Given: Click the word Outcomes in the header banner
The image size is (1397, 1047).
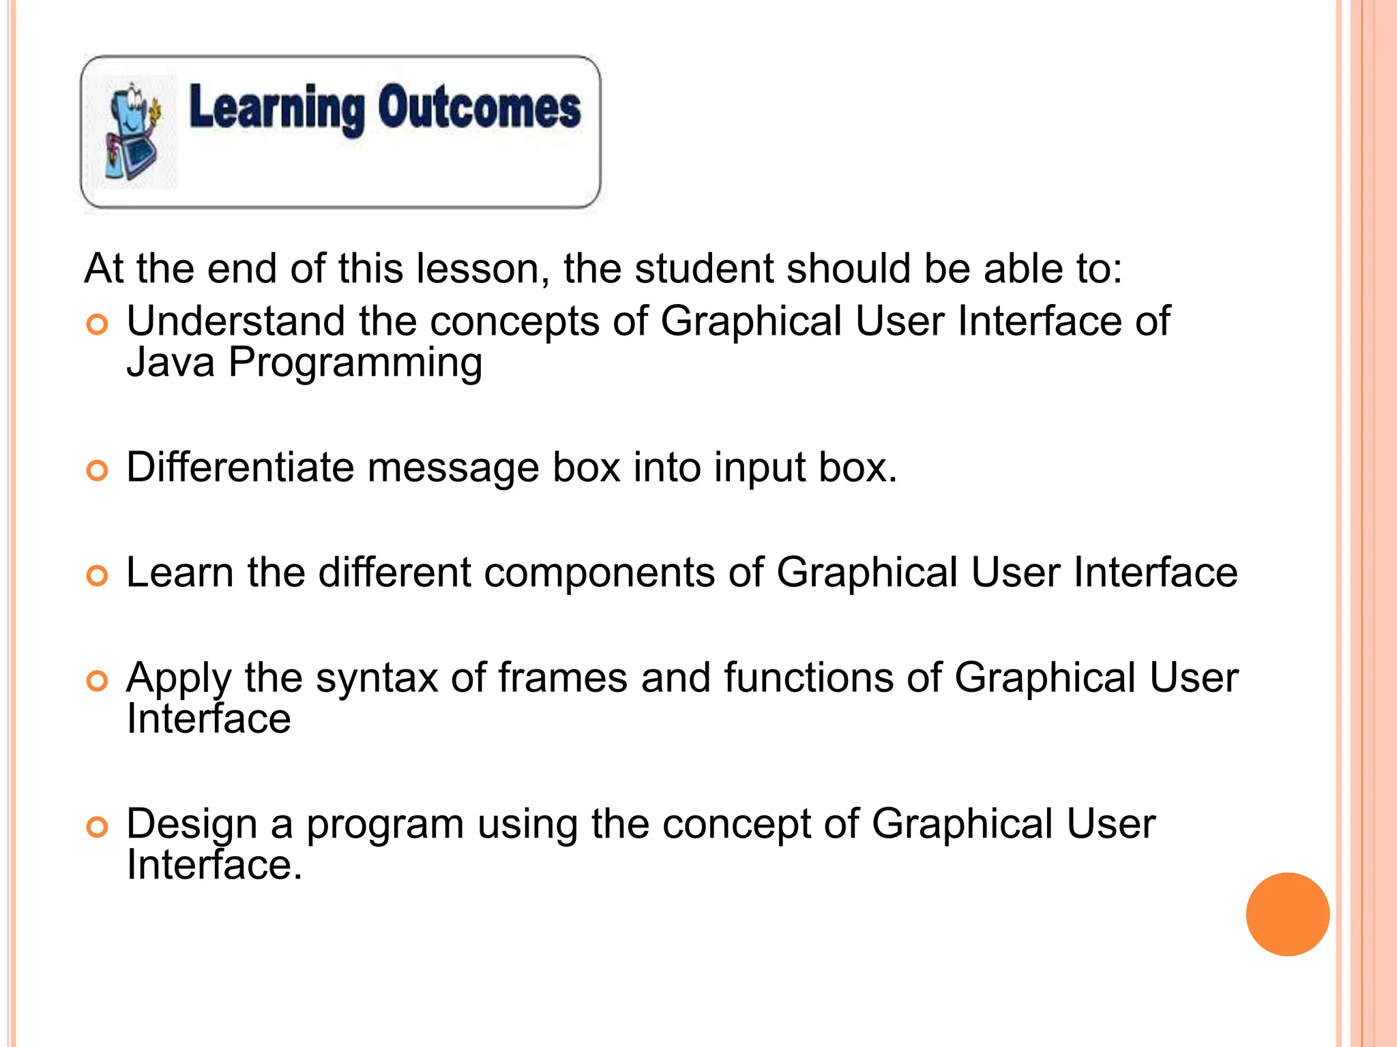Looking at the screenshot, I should coord(480,108).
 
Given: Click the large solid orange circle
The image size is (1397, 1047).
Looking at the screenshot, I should coord(1287,914).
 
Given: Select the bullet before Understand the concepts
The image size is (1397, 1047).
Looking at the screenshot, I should coord(98,325).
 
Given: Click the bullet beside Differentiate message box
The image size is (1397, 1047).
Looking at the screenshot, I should coord(98,471).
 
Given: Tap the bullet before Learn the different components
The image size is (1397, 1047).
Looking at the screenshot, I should coord(98,576).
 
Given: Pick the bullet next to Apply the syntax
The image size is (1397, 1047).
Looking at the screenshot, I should coord(98,681).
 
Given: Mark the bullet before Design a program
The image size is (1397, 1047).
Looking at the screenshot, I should coord(98,828).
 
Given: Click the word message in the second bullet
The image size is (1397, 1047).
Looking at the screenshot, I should coord(453,469).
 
